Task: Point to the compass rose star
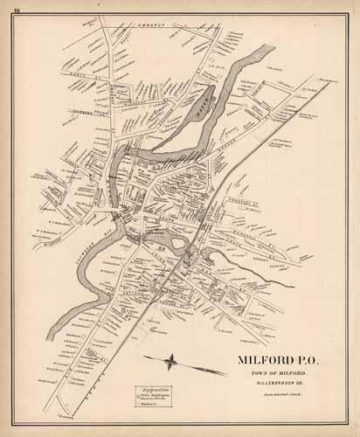coord(174,359)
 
